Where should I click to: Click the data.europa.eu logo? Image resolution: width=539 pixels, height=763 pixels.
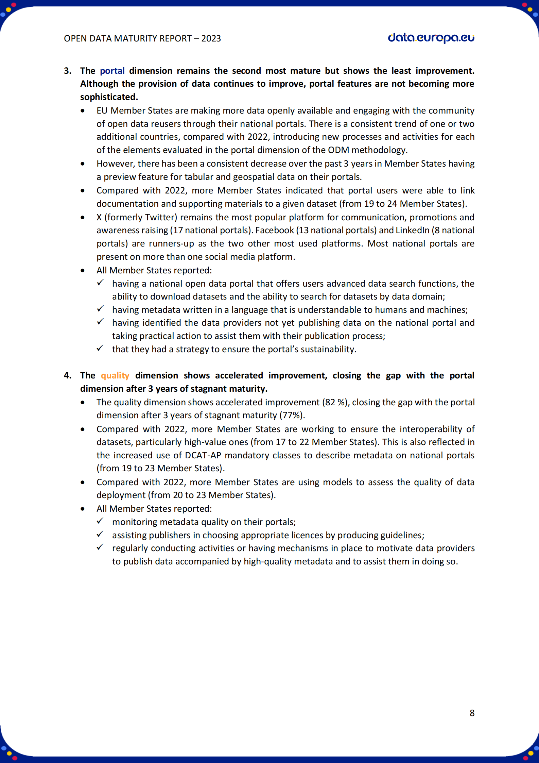[x=431, y=38]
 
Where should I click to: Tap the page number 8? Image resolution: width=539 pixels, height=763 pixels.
[x=472, y=713]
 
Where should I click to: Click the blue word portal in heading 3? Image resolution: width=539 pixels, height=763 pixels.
[x=112, y=71]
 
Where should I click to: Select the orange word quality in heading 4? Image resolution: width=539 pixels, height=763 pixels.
[x=115, y=375]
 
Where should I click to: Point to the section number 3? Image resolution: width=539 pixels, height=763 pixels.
[x=67, y=71]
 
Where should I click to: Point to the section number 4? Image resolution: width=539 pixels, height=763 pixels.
[x=67, y=375]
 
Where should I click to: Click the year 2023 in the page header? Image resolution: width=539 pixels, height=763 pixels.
[x=211, y=38]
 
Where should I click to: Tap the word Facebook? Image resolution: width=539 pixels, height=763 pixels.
[x=275, y=230]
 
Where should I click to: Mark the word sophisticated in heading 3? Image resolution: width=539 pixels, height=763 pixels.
[x=109, y=97]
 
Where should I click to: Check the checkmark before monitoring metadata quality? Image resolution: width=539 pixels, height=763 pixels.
[x=100, y=521]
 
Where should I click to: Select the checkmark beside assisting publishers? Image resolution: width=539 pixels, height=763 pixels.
[x=100, y=534]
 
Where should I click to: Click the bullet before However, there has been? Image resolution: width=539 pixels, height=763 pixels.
[x=83, y=164]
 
